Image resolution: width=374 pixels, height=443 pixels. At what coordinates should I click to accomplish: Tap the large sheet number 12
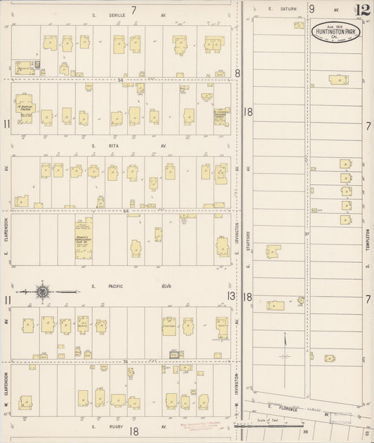(x=362, y=9)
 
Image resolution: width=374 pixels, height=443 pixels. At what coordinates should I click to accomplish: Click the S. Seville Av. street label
(x=123, y=16)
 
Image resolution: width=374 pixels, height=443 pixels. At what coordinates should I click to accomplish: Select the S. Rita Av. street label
(x=123, y=146)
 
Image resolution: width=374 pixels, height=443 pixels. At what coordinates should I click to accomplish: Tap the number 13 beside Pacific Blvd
(x=231, y=297)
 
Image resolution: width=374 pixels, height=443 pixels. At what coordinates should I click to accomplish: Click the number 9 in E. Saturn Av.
(x=312, y=9)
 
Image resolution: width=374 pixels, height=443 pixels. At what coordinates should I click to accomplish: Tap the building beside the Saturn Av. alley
(x=338, y=80)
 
